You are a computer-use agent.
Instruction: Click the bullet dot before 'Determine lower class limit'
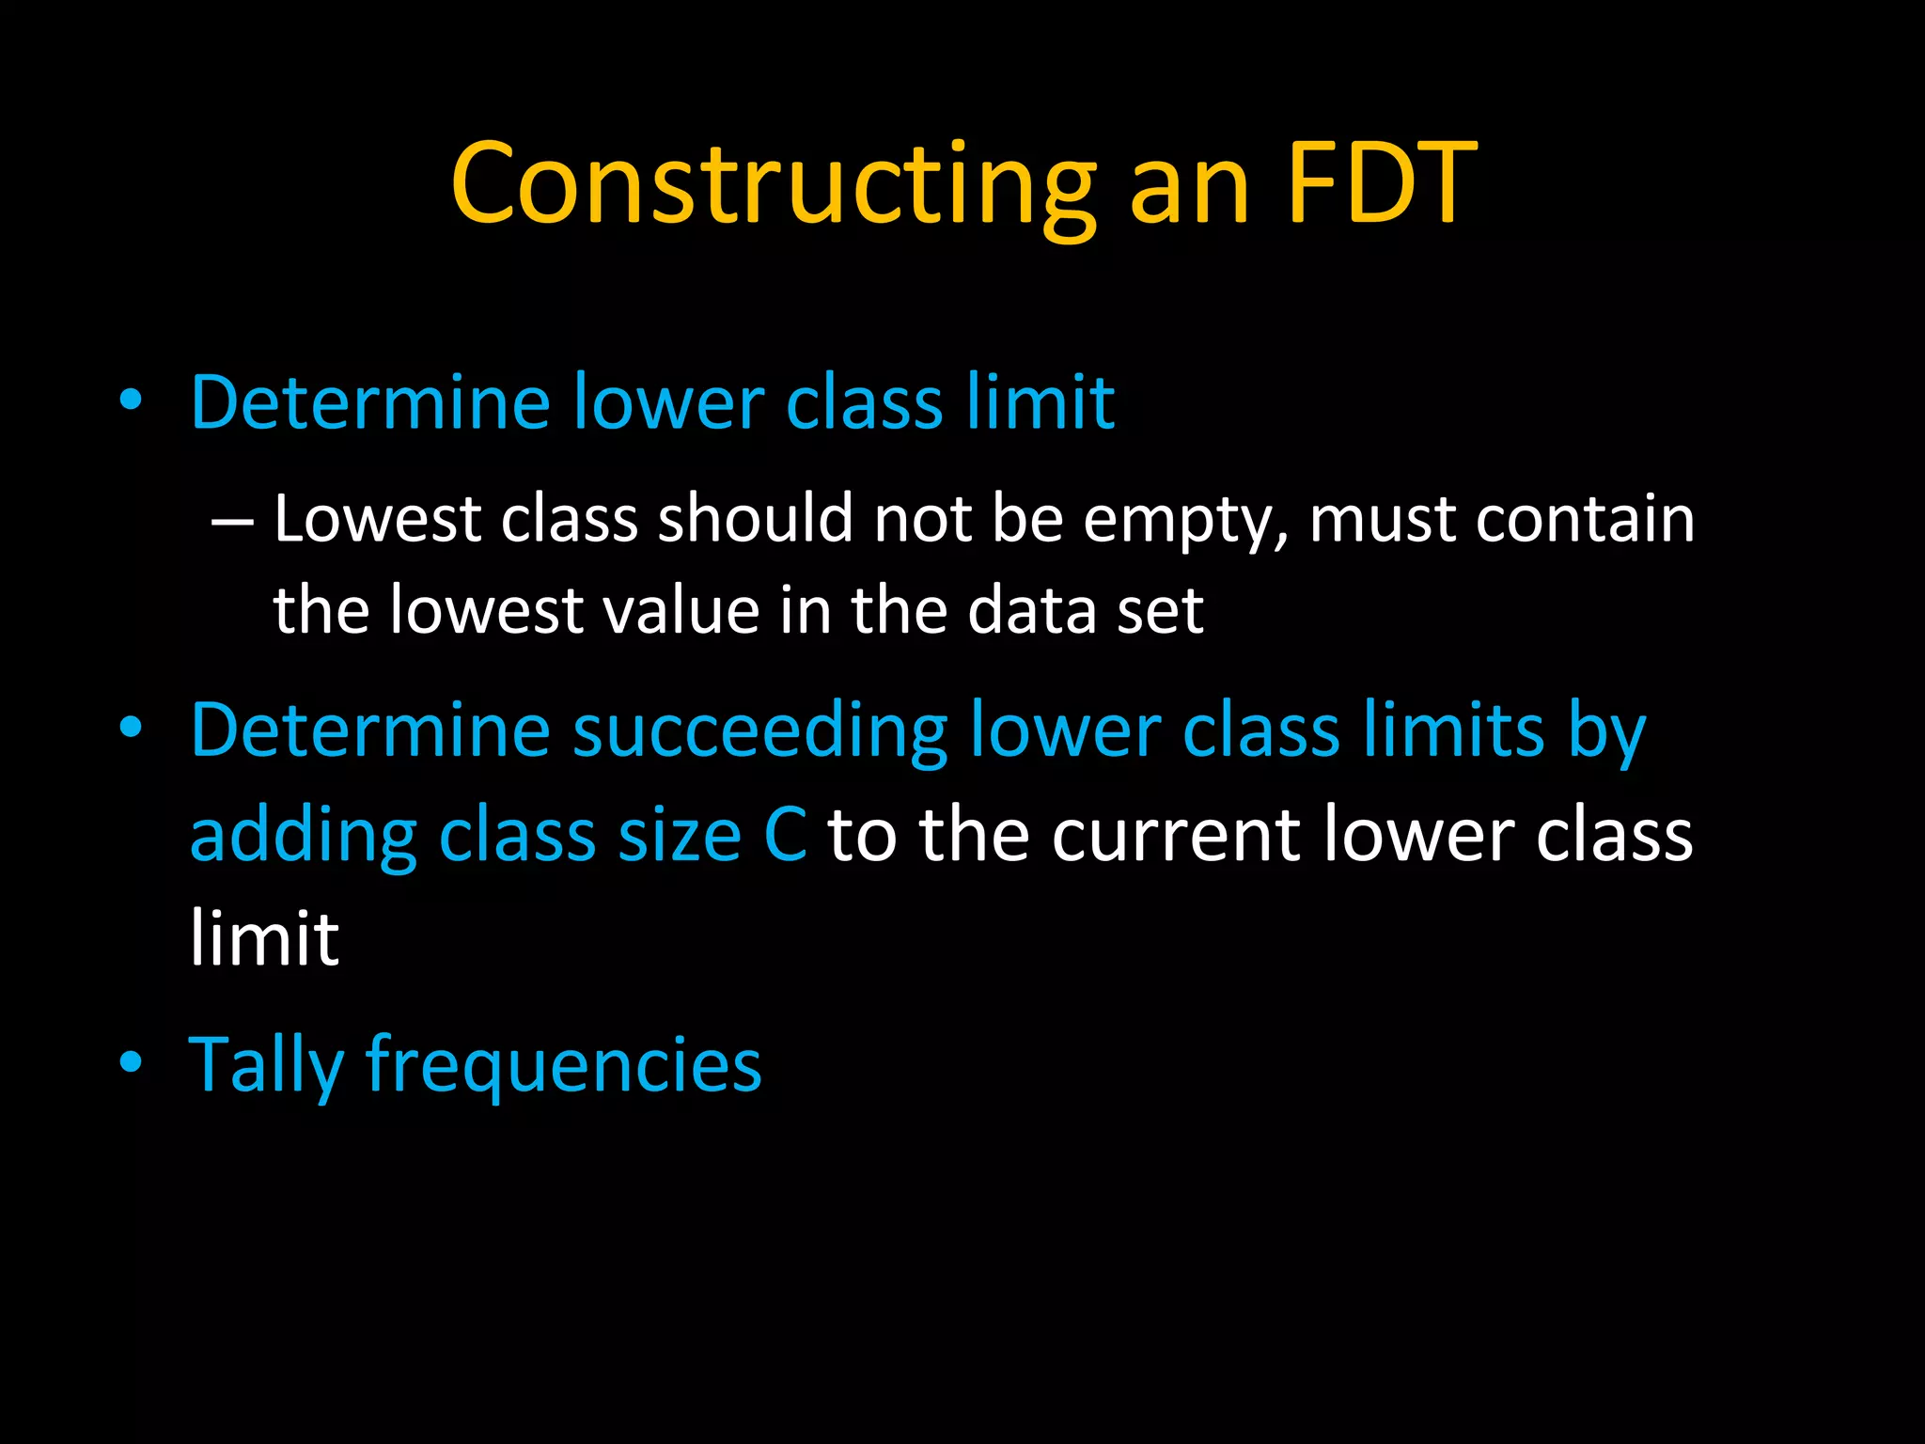tap(131, 401)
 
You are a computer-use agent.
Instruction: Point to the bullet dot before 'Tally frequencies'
tap(131, 1062)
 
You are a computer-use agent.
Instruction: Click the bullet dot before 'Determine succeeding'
tap(131, 729)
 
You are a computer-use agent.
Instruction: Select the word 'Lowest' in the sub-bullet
tap(377, 519)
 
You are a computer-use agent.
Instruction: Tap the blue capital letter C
tap(785, 835)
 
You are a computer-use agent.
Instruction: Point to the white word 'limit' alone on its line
tap(264, 937)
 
